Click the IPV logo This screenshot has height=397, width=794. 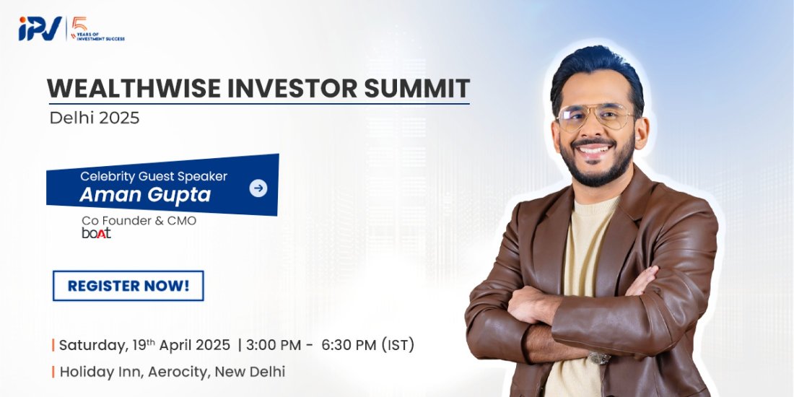(x=40, y=29)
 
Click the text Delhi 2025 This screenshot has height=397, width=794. (x=95, y=118)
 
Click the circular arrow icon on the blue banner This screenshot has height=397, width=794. (x=258, y=188)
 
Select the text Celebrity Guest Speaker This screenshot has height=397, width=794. (x=153, y=176)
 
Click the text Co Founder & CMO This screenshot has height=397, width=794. (x=139, y=221)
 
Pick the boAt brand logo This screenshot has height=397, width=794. (x=96, y=233)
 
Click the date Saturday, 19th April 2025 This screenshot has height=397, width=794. (x=144, y=345)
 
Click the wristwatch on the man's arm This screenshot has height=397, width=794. (x=598, y=357)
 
